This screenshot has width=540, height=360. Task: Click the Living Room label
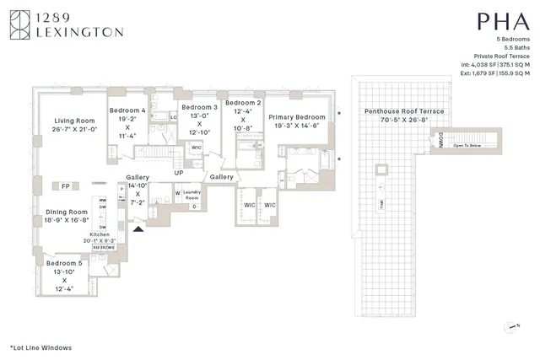click(69, 121)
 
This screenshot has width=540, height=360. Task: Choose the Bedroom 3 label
click(199, 108)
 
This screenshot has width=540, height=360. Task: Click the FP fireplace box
click(64, 185)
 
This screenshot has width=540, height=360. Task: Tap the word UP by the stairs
click(178, 173)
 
